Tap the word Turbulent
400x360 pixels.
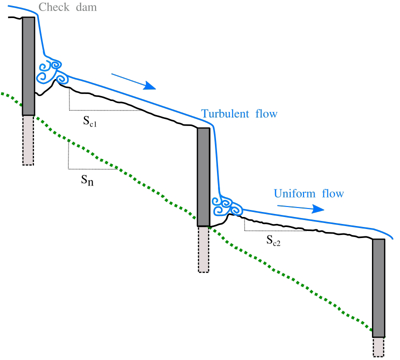[x=225, y=114]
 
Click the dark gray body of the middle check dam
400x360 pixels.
[x=203, y=177]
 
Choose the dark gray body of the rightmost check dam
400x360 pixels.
[x=378, y=288]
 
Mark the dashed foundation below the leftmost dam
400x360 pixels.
[x=28, y=140]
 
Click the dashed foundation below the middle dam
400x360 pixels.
[x=203, y=249]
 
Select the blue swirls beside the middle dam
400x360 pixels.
[x=226, y=203]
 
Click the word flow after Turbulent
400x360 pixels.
[x=265, y=114]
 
